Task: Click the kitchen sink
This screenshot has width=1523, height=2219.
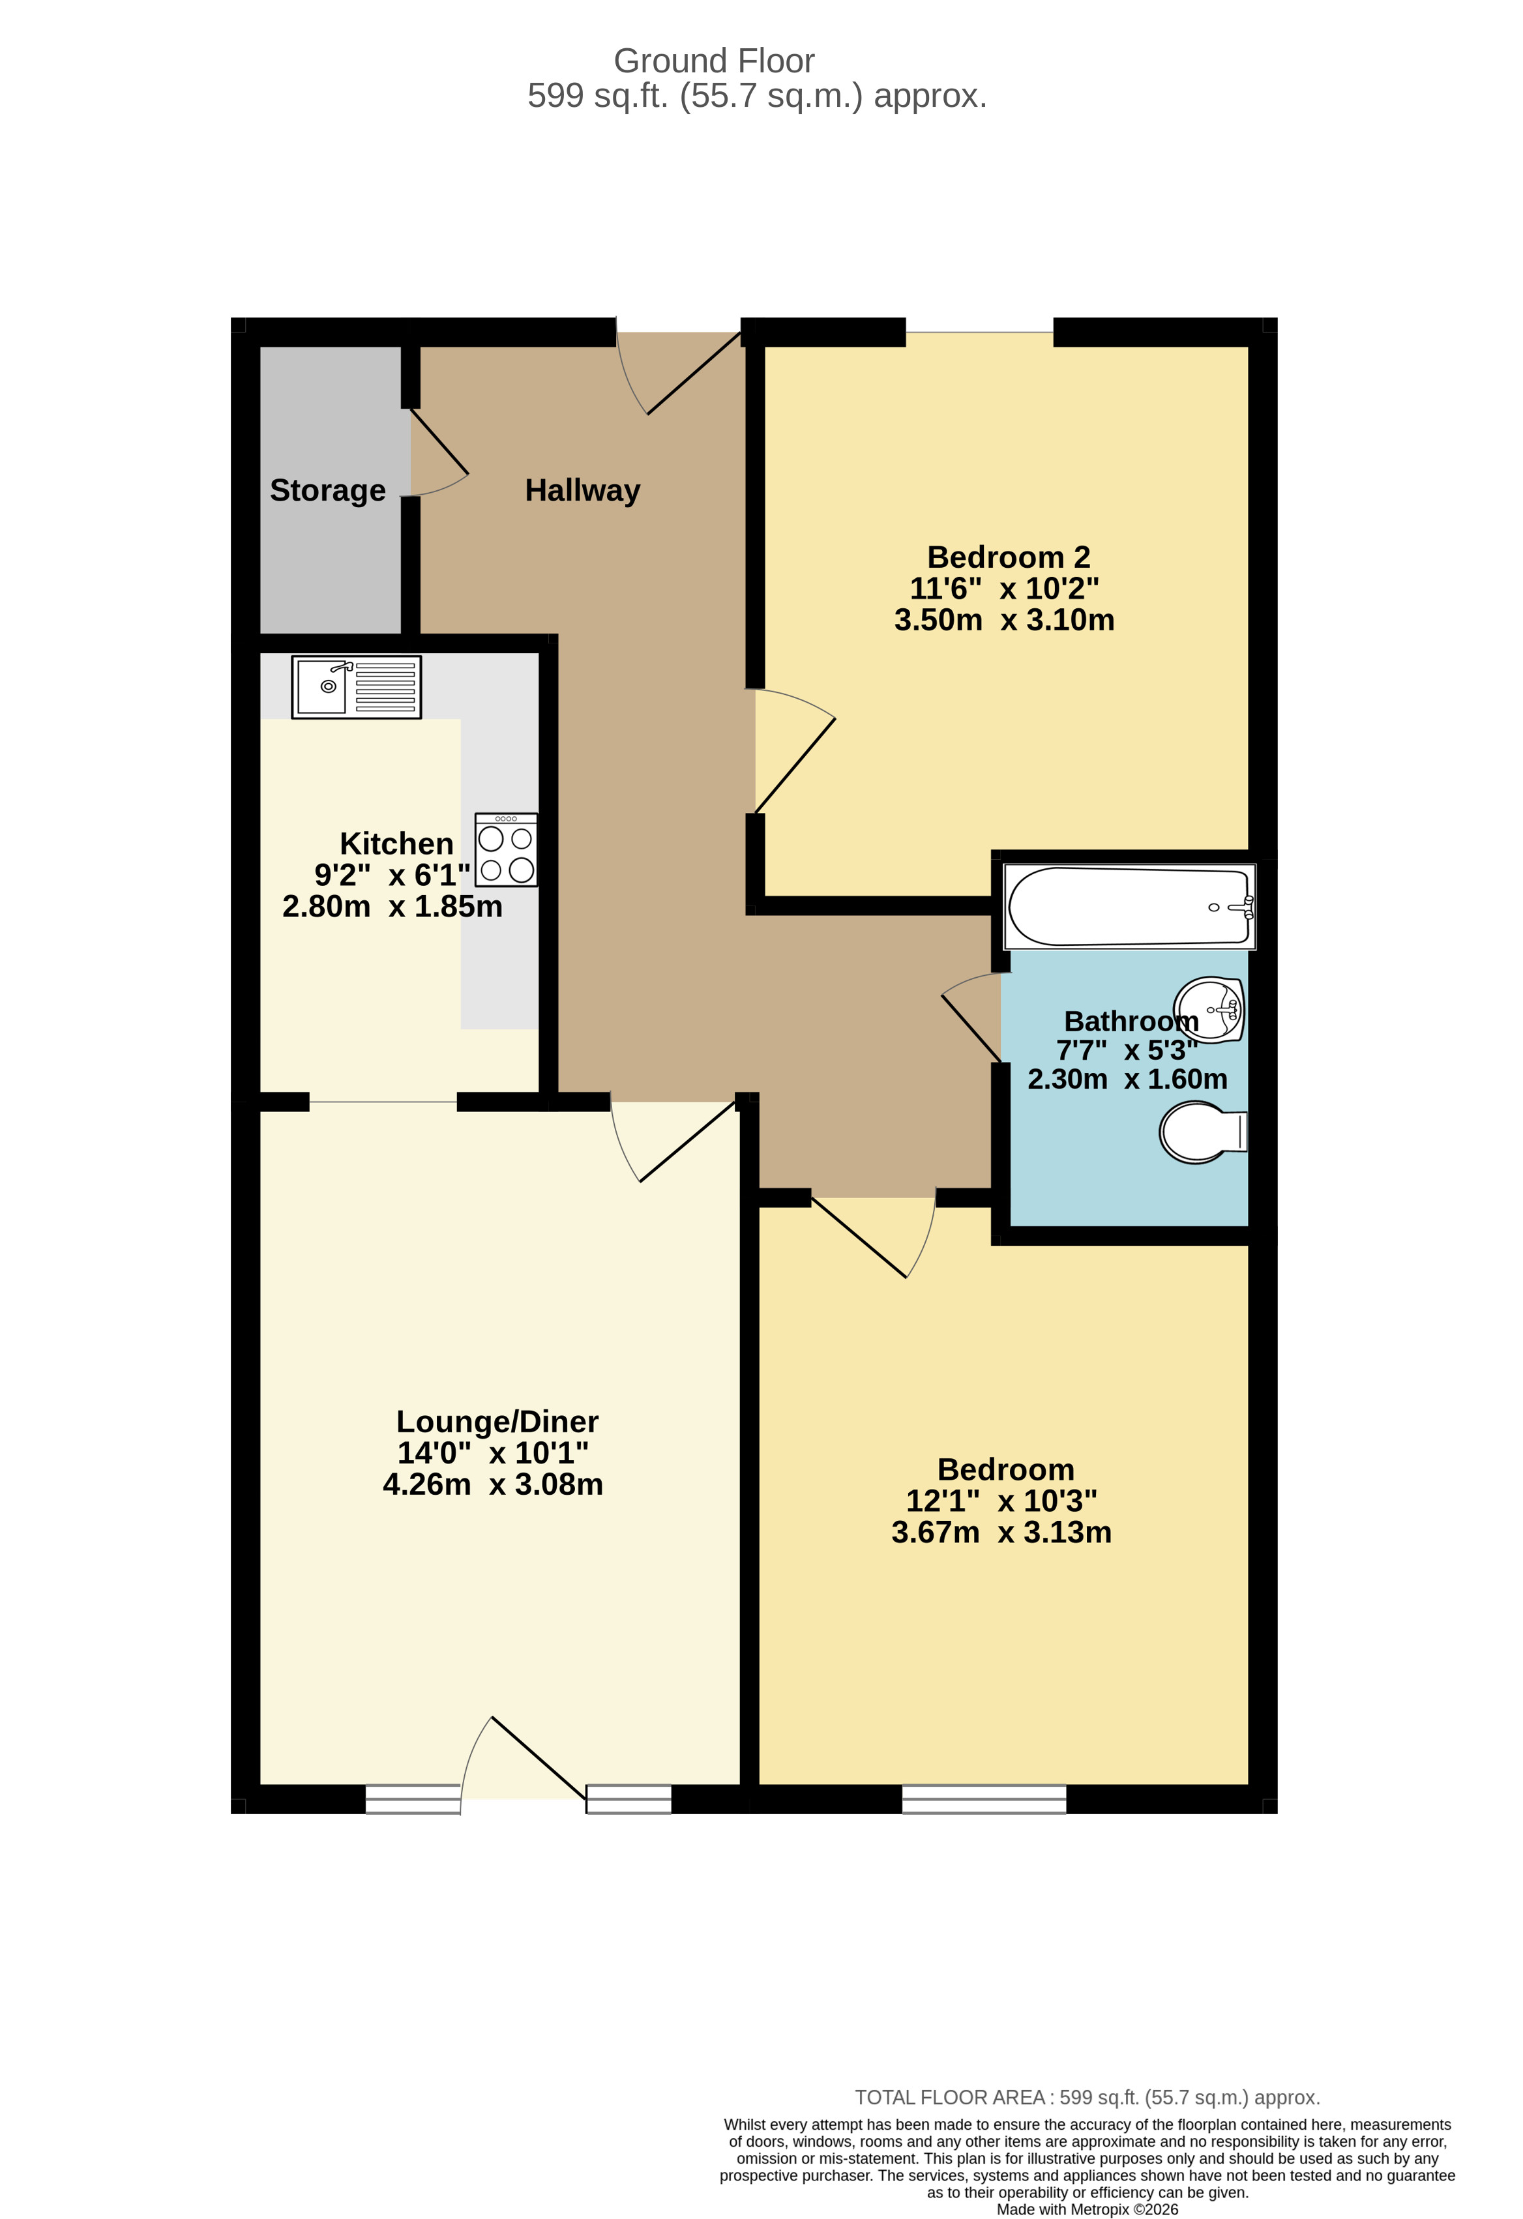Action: tap(355, 686)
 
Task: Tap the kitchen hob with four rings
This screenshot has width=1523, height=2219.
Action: tap(506, 850)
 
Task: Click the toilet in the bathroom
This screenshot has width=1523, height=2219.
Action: tap(1201, 1132)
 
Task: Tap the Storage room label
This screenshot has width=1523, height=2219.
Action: tap(327, 491)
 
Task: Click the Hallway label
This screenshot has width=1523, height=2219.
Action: tap(582, 491)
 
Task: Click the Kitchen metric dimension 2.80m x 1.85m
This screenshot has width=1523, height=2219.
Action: tap(392, 906)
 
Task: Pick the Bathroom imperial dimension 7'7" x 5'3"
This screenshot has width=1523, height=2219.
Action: tap(1127, 1050)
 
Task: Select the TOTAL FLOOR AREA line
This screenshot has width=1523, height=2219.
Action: tap(1087, 2098)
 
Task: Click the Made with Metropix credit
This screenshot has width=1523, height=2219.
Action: tap(1087, 2209)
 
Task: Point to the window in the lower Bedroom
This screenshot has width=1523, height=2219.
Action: tap(984, 1799)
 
